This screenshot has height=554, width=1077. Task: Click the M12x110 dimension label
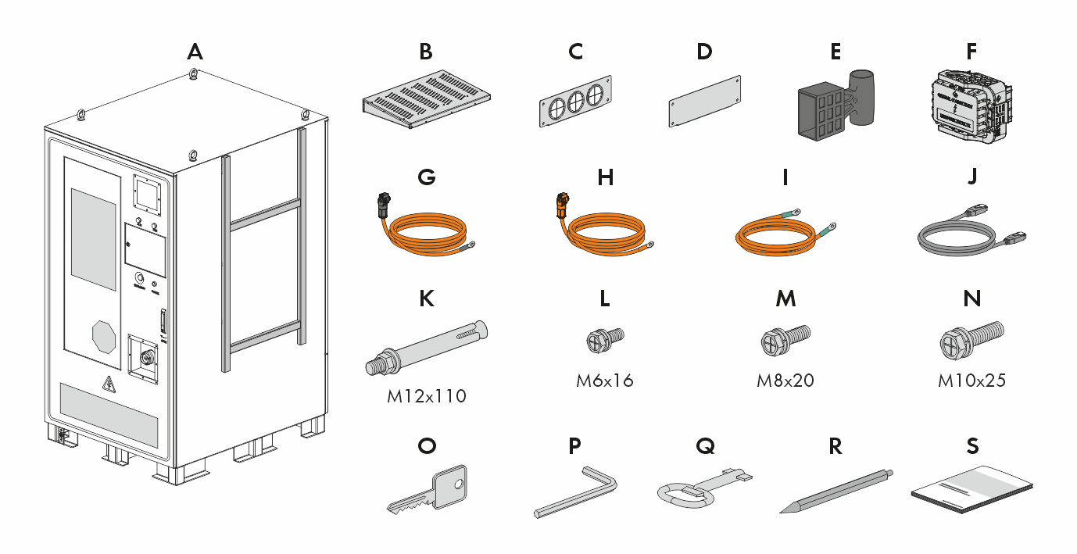427,396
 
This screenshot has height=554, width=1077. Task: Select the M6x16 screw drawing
604,339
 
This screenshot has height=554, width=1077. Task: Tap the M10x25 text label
971,381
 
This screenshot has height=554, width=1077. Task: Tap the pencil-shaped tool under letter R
835,491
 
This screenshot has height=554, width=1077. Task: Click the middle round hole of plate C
575,99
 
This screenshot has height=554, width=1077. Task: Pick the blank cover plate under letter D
704,102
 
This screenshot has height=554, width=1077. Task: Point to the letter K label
427,298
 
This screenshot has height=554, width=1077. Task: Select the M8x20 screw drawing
785,340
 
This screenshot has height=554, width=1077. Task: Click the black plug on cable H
561,206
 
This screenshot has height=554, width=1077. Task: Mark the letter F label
971,52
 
